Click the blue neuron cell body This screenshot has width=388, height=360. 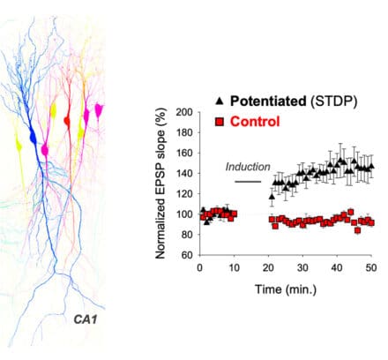tap(34, 137)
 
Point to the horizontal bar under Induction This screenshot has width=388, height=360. tap(250, 180)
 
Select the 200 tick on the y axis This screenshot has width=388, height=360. tap(185, 112)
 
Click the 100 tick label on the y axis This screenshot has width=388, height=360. tap(185, 214)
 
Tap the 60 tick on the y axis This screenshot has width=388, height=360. tap(188, 255)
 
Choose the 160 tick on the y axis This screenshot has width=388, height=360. tap(185, 153)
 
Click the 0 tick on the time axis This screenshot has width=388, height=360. tap(200, 267)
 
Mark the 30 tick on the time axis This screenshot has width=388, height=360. tap(302, 267)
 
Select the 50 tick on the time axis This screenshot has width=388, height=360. tap(371, 267)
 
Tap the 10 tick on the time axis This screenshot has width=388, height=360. tap(235, 267)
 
